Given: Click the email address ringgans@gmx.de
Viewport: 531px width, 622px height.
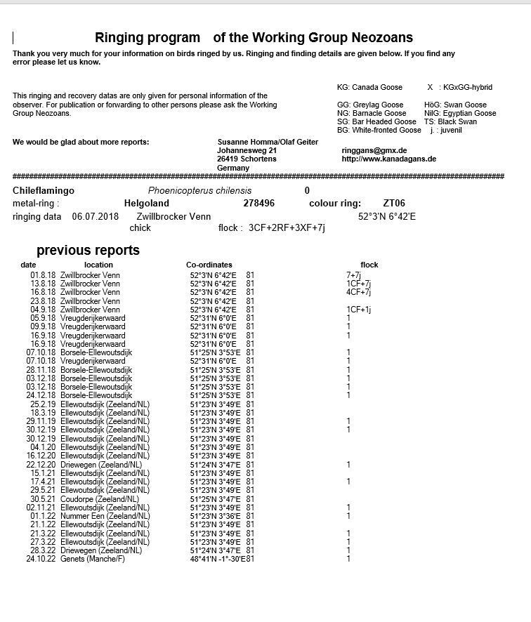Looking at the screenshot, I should pos(369,150).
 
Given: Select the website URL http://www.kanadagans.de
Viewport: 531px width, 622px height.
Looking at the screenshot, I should pos(388,159).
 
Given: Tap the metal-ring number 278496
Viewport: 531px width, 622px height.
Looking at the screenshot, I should pos(258,204).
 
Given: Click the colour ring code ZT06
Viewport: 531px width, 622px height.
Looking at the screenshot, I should pos(394,204).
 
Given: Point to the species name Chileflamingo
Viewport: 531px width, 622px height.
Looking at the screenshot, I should pos(44,191).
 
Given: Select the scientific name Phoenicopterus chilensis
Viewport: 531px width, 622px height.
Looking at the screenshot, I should pos(199,191).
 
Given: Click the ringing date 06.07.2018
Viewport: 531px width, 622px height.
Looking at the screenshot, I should pos(96,217).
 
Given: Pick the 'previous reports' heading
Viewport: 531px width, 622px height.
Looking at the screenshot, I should pos(88,251).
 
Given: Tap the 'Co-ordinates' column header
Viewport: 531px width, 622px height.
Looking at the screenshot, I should pos(209,265).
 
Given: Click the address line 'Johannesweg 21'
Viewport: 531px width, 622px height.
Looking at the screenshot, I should pos(247,150).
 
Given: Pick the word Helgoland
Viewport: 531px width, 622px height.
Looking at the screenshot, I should pos(146,204).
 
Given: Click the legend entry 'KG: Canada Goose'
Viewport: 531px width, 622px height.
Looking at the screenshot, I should pos(369,87).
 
